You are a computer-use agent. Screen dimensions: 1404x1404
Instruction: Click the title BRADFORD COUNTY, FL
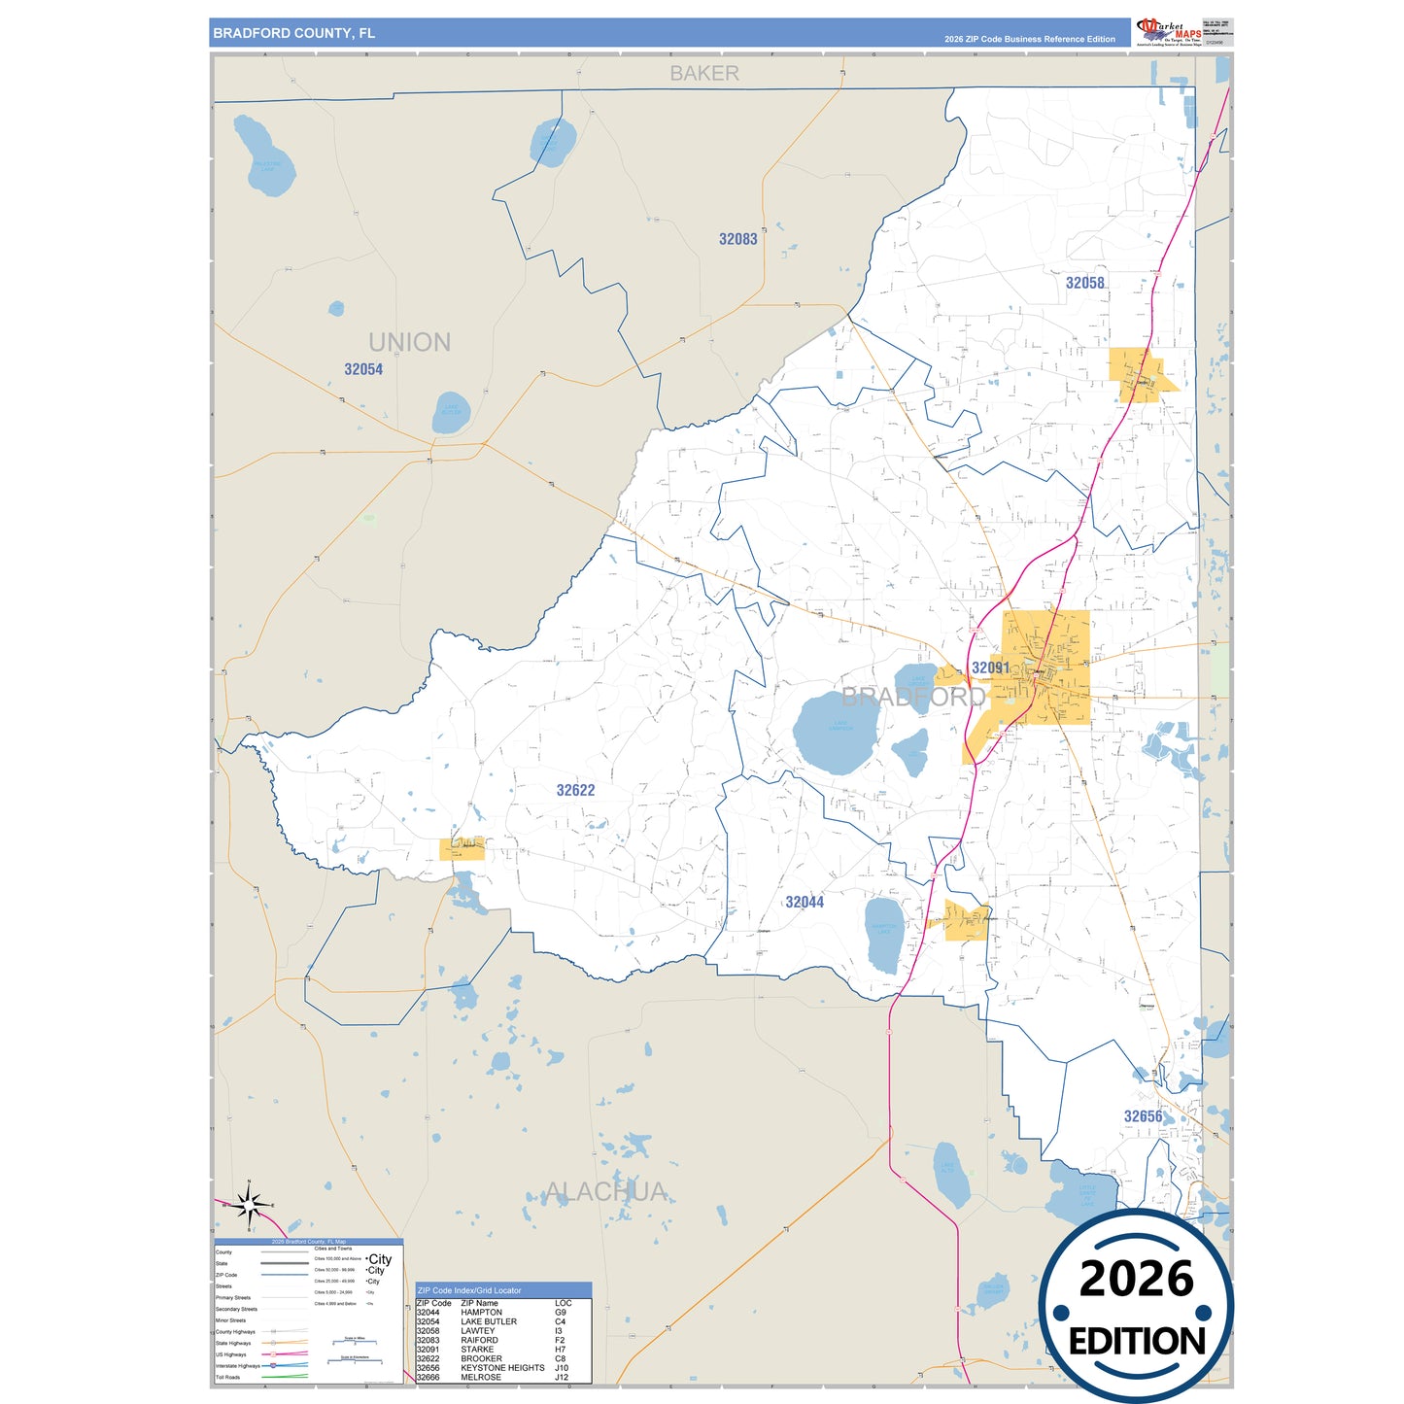pos(293,33)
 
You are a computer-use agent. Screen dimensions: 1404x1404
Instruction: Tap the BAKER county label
pos(704,74)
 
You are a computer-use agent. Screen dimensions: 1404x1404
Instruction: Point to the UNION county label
pos(409,342)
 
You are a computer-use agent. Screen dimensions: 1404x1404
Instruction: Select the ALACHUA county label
pos(606,1191)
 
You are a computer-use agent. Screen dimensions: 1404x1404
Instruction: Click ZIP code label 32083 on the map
pos(737,239)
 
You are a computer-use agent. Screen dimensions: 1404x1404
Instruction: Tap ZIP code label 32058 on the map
pos(1084,283)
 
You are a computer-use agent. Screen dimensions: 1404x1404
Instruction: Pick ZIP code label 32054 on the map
pos(363,369)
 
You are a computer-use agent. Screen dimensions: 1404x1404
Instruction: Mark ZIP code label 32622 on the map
pos(575,790)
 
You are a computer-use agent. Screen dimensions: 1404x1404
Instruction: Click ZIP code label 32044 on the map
pos(805,902)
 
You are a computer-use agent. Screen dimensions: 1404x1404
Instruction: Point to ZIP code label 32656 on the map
pos(1143,1116)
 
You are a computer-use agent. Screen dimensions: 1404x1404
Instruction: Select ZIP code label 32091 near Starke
pos(990,668)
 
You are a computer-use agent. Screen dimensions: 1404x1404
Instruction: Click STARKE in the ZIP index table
pos(477,1350)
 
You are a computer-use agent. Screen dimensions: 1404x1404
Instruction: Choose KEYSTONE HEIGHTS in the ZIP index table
pos(502,1368)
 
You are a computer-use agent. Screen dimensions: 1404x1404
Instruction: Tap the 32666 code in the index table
pos(428,1378)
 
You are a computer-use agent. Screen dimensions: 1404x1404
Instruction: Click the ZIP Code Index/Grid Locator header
pos(469,1290)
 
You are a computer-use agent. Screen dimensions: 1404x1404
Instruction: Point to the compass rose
pos(250,1206)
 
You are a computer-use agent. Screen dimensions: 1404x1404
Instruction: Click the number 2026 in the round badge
pos(1136,1279)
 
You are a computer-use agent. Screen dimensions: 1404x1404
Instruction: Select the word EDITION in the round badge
pos(1137,1342)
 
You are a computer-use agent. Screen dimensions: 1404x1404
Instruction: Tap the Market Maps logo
pos(1170,31)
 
